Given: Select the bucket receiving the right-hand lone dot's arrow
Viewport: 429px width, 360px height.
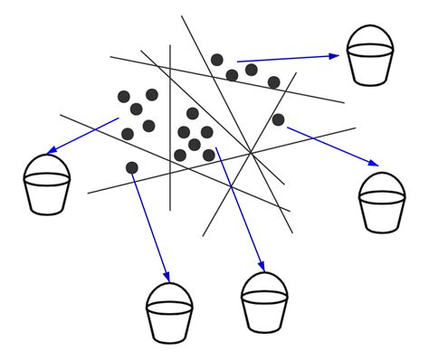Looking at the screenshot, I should tap(382, 206).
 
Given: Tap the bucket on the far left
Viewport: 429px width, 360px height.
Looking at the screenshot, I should tap(47, 188).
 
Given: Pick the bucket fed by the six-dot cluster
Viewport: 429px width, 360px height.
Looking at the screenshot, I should tap(264, 306).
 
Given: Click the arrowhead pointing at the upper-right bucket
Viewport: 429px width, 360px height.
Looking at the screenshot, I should tap(334, 55).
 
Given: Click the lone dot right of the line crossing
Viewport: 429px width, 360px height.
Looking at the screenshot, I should tap(278, 119).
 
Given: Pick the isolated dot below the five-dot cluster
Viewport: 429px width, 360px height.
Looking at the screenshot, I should tap(132, 167).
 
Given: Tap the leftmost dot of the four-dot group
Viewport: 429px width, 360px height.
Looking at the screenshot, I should tap(217, 60).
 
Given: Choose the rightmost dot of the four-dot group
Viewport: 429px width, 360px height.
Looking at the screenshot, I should tap(273, 82).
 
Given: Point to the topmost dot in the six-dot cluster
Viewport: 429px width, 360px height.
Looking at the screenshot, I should tap(193, 113).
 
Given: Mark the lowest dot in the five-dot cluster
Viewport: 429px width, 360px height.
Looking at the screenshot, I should tap(128, 134).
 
